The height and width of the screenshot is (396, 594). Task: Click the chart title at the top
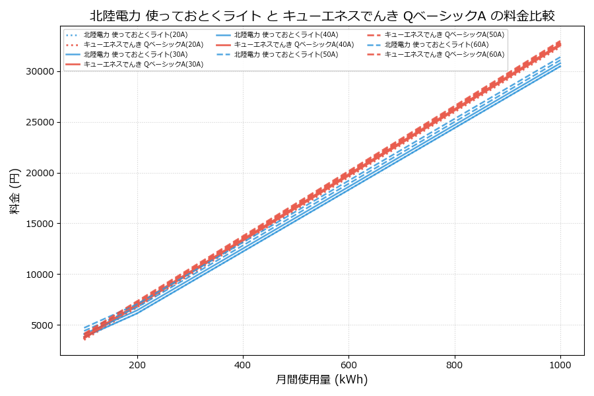(322, 15)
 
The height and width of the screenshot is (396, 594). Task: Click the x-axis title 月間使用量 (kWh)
(321, 379)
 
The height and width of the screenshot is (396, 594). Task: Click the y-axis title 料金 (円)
(15, 191)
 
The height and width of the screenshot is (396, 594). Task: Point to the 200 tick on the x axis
(137, 364)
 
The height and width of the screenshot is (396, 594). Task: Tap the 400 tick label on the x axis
(243, 364)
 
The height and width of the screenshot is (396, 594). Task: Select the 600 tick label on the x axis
(348, 364)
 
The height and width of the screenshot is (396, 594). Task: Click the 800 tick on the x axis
(455, 364)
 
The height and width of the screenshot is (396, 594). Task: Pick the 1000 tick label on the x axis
(560, 364)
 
